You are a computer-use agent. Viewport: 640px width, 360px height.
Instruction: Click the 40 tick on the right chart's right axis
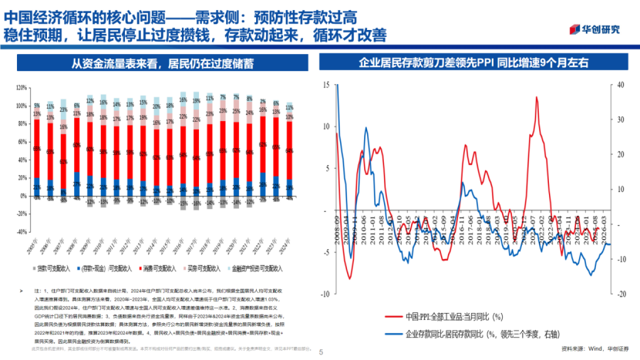622,85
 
